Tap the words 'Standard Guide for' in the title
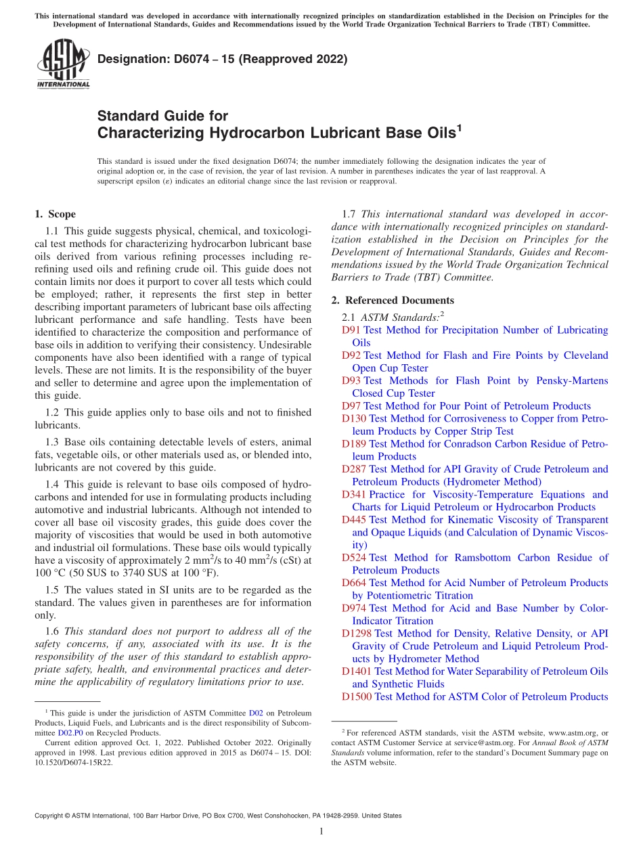click(162, 116)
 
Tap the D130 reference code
click(353, 419)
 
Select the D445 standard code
click(353, 520)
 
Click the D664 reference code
click(353, 583)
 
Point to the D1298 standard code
click(356, 634)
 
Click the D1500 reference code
click(356, 697)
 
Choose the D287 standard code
click(353, 469)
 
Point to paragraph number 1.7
click(350, 215)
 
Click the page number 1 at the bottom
click(321, 833)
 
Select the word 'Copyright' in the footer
click(50, 816)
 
